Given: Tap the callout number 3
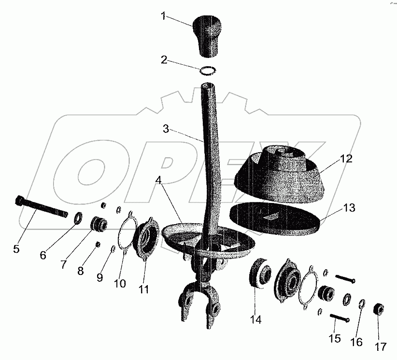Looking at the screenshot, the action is click(166, 129).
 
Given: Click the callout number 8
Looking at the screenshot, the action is click(80, 271).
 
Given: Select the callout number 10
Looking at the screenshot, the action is click(120, 283).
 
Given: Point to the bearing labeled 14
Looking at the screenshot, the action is click(260, 273).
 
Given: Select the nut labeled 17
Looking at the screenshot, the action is click(379, 309).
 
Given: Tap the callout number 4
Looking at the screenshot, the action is click(158, 180).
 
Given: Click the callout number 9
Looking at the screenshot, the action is click(100, 277).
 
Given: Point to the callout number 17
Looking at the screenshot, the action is click(380, 346).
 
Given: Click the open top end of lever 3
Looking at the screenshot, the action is click(207, 85).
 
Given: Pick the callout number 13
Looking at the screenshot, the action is click(349, 208).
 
